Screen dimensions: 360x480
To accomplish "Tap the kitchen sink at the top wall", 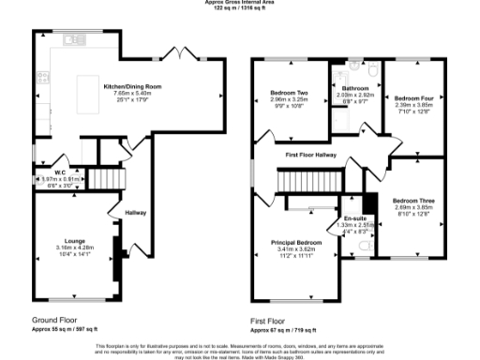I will (71, 40).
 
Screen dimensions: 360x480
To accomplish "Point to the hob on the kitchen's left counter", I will (42, 73).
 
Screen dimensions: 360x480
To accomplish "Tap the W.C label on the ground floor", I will (44, 172).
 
